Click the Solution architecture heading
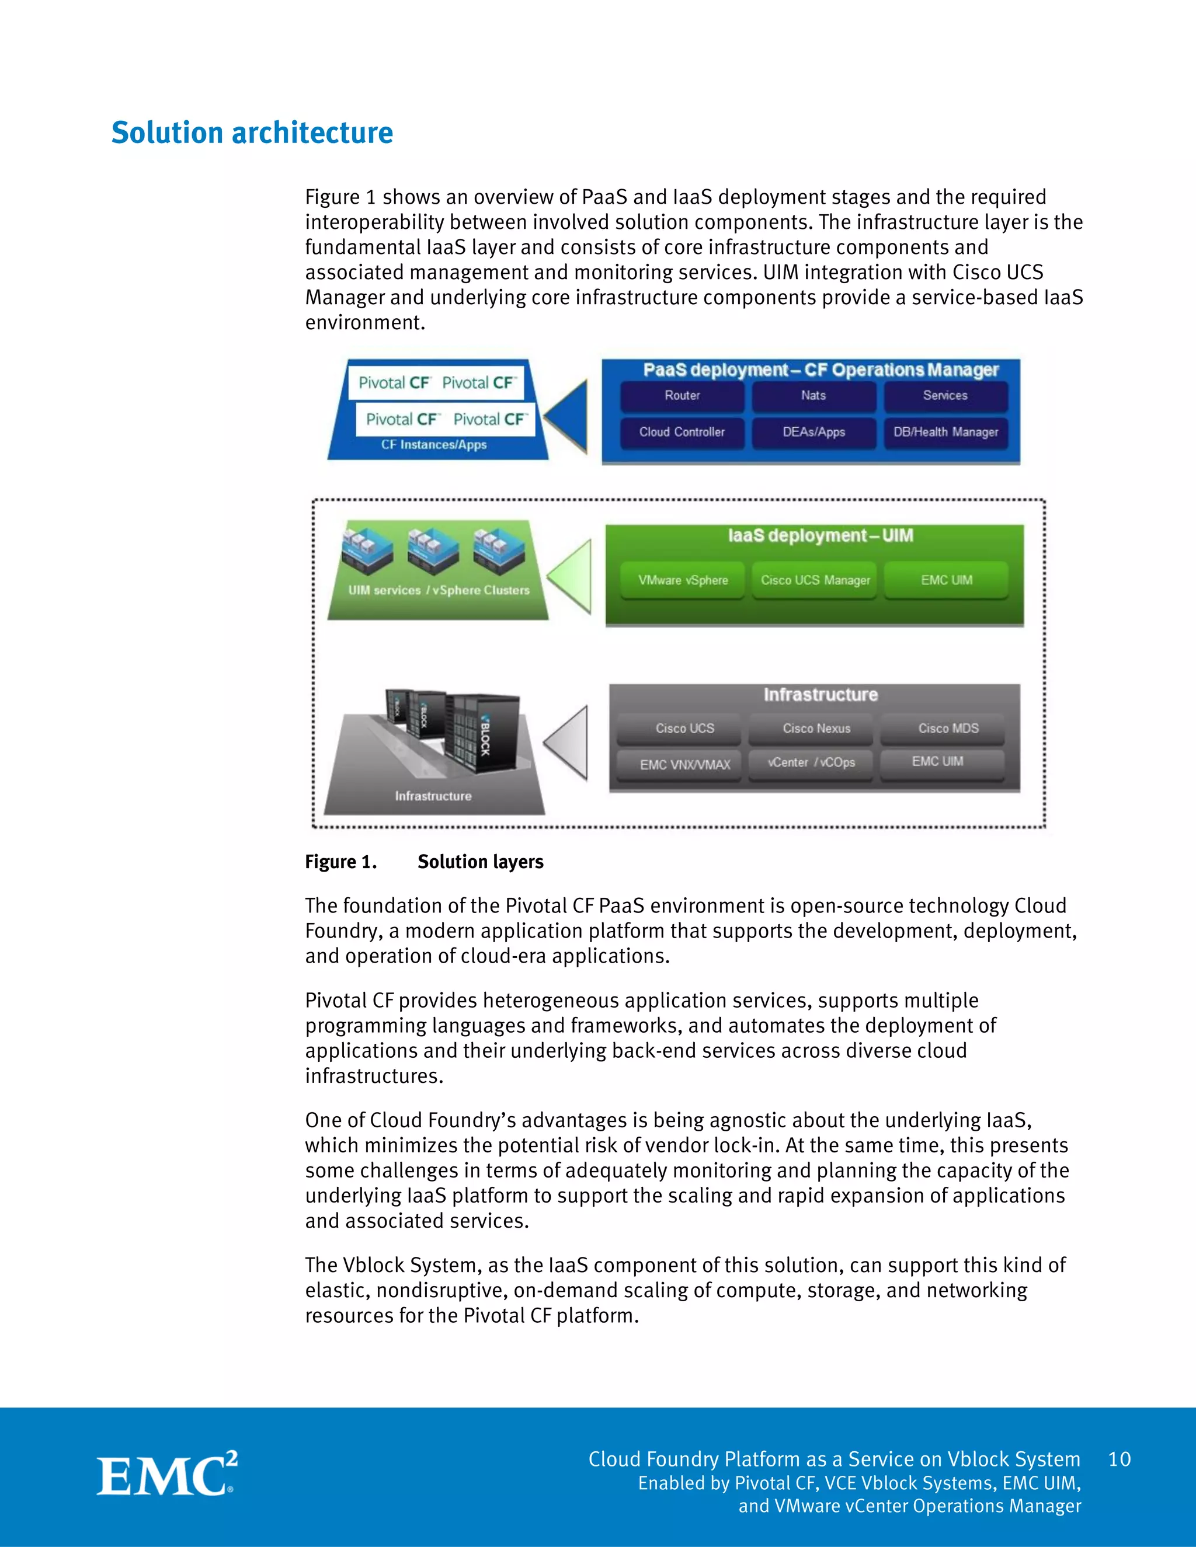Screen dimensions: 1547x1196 pyautogui.click(x=252, y=133)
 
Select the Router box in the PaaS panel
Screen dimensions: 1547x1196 pyautogui.click(x=682, y=396)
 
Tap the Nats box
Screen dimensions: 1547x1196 pyautogui.click(x=813, y=396)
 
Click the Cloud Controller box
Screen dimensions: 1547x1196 pyautogui.click(x=682, y=432)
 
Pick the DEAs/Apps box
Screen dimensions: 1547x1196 pyautogui.click(x=813, y=432)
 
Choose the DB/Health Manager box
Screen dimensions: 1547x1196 pyautogui.click(x=945, y=432)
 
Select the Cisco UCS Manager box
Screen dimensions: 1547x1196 pyautogui.click(x=815, y=580)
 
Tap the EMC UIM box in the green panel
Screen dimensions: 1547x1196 pyautogui.click(x=946, y=580)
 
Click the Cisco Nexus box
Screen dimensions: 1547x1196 pyautogui.click(x=816, y=728)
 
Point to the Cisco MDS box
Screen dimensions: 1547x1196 pyautogui.click(x=948, y=728)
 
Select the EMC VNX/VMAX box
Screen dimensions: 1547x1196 pyautogui.click(x=684, y=764)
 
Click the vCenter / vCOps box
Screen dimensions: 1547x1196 pyautogui.click(x=811, y=763)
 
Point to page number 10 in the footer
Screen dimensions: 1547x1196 pyautogui.click(x=1119, y=1459)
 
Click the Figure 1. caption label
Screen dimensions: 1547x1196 pyautogui.click(x=340, y=862)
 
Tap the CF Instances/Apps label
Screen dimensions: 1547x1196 pyautogui.click(x=434, y=445)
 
